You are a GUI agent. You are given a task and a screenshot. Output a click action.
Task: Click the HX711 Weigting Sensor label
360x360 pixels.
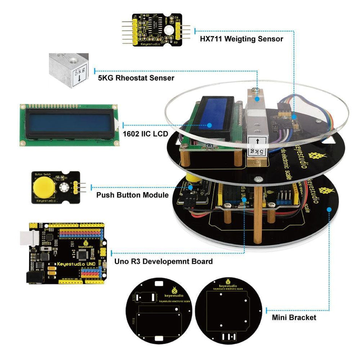click(x=241, y=39)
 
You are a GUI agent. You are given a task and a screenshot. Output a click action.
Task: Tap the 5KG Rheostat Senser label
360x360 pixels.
click(x=136, y=78)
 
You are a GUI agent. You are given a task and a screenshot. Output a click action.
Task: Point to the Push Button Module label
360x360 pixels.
click(x=132, y=195)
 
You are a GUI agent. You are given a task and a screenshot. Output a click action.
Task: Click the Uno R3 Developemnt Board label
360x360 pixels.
click(x=163, y=261)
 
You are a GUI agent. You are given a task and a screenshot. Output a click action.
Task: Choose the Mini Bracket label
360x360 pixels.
click(x=294, y=318)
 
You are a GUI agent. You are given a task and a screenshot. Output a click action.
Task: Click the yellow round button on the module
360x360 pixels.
click(x=43, y=187)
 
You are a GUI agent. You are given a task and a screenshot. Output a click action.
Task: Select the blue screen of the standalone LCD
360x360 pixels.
click(x=68, y=125)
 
